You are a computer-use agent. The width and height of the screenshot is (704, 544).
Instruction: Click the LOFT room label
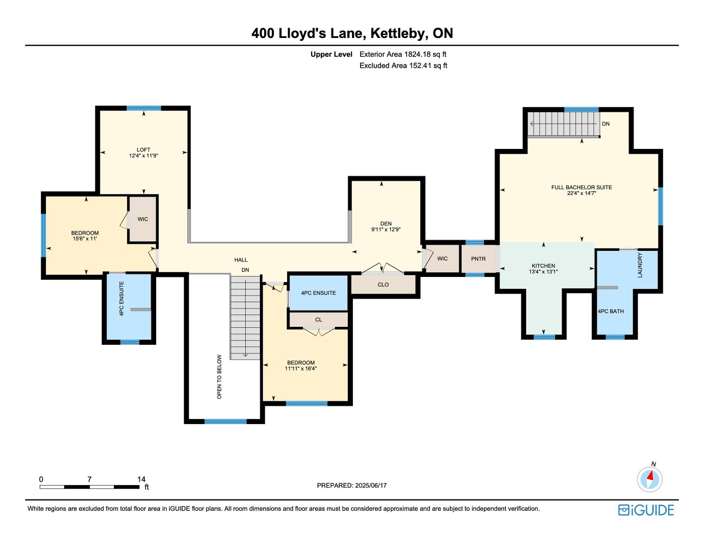143,149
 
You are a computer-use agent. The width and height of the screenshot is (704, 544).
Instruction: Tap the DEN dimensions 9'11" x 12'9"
386,230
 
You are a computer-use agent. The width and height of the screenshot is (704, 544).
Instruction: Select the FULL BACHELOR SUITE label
582,187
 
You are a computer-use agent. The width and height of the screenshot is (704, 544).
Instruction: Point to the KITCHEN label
543,266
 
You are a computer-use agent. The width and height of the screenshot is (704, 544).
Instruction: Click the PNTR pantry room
478,259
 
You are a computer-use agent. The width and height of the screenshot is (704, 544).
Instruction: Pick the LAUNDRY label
640,265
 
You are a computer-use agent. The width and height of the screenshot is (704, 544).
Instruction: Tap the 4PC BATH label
611,311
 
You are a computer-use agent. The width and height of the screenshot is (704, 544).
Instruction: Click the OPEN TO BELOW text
219,377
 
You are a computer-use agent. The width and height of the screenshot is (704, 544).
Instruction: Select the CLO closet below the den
383,285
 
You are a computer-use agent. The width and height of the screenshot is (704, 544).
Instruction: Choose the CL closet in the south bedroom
318,320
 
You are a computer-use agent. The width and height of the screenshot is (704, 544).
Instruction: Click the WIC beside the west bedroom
142,219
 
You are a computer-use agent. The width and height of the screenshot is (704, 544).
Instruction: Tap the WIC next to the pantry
442,258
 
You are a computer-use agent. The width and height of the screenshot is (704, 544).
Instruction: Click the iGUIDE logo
646,510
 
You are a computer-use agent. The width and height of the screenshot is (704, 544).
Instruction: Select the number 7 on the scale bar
89,479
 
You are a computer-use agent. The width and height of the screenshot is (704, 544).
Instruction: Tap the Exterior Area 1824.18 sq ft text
403,55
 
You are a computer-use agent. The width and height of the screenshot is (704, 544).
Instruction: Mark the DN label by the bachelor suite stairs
605,124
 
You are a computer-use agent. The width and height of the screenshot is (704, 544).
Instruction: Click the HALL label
241,260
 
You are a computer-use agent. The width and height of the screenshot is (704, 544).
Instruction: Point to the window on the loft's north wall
144,108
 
